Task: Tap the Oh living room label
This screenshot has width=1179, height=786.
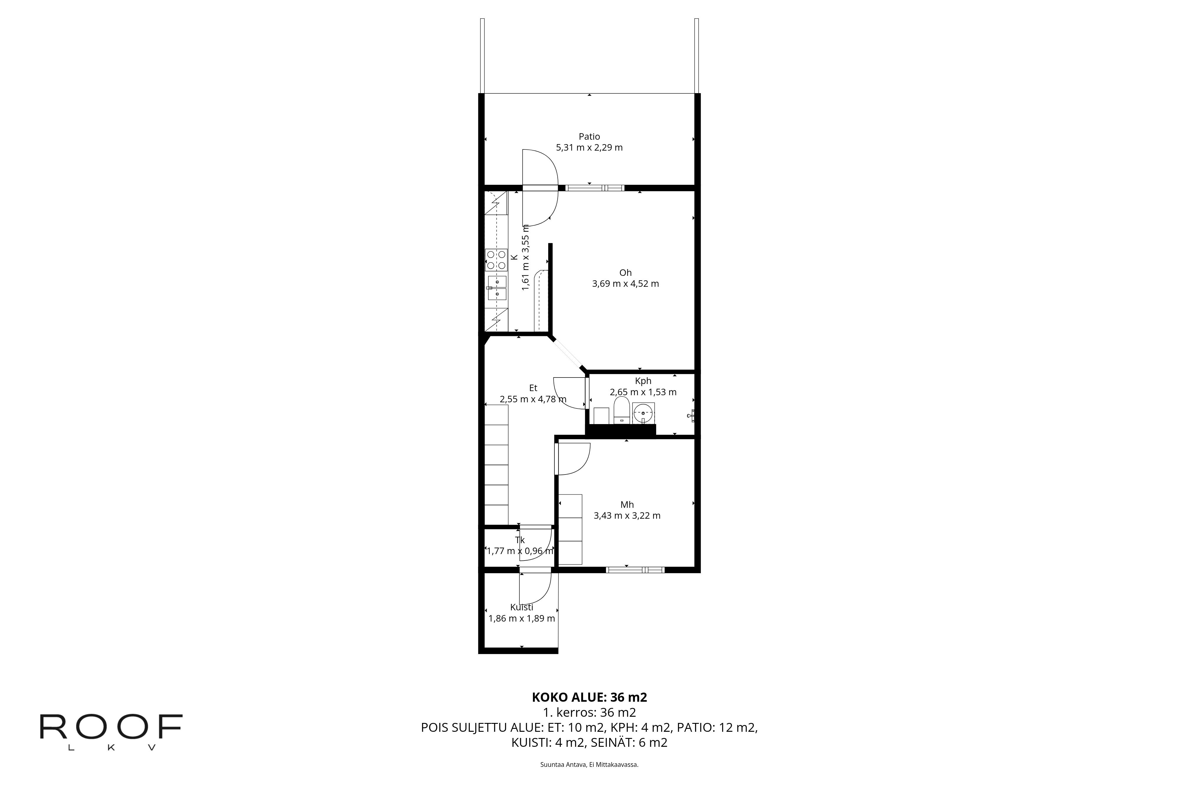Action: [625, 273]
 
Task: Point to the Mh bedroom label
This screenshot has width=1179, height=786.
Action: [627, 505]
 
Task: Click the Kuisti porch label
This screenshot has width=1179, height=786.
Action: [521, 607]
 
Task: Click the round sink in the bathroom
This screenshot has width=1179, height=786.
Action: [643, 413]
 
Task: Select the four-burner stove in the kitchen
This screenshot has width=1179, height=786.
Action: [496, 260]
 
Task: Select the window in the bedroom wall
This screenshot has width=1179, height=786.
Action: [635, 570]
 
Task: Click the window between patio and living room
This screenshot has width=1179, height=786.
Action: [595, 188]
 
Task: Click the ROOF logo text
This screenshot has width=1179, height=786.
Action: [111, 726]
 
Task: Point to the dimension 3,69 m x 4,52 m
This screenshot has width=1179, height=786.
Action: [625, 284]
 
